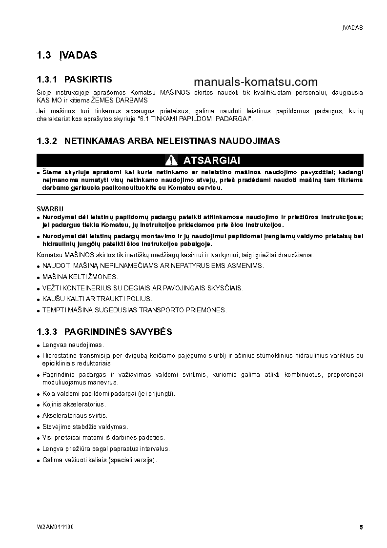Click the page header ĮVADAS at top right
pos(352,28)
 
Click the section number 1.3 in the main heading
pos(44,55)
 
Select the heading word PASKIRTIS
pos(88,79)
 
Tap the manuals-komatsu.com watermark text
pos(256,82)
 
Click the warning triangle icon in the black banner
pos(171,160)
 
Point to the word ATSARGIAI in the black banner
pos(211,160)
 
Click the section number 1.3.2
pos(47,141)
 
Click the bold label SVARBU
pos(47,208)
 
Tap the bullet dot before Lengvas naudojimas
pos(39,345)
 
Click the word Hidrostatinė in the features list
pos(60,356)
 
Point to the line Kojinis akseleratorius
pos(74,404)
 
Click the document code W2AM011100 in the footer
pos(55,527)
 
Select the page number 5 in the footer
pos(361,527)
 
